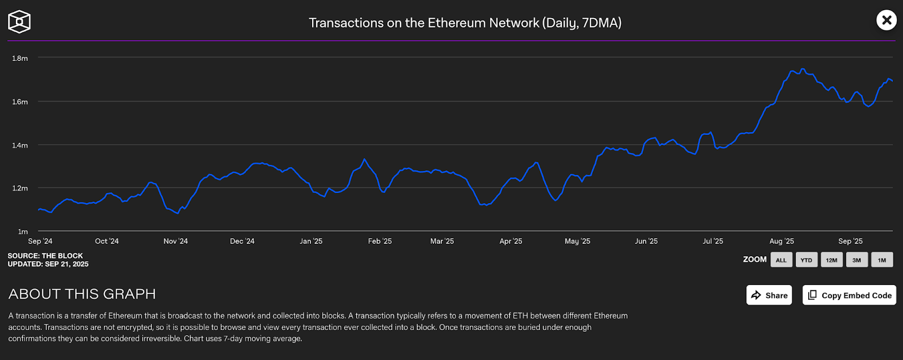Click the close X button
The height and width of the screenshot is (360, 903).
pos(887,20)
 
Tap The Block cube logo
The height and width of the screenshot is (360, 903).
pos(19,22)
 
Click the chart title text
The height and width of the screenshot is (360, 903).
pos(465,23)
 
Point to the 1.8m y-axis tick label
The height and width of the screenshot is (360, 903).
pos(20,58)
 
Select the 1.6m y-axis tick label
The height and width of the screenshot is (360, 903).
pos(20,102)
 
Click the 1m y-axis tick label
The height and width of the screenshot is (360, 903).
pos(23,231)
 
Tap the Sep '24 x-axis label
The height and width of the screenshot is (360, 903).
pos(40,241)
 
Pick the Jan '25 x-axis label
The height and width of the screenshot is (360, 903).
pos(311,241)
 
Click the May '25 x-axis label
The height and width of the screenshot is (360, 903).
pos(577,241)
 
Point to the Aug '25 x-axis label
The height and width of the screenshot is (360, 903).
pos(782,241)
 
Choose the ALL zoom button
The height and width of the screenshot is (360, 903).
pos(781,260)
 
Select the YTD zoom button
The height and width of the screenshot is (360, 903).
pos(806,260)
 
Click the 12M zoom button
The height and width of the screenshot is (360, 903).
pos(832,260)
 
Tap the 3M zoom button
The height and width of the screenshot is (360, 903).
pos(857,260)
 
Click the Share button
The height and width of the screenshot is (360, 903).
pos(769,295)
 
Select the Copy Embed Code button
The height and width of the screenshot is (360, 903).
pos(849,295)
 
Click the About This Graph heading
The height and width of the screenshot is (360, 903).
pos(82,294)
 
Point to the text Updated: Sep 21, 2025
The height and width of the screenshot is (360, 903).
pos(48,264)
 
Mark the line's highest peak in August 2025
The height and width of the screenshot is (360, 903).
pos(803,69)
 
